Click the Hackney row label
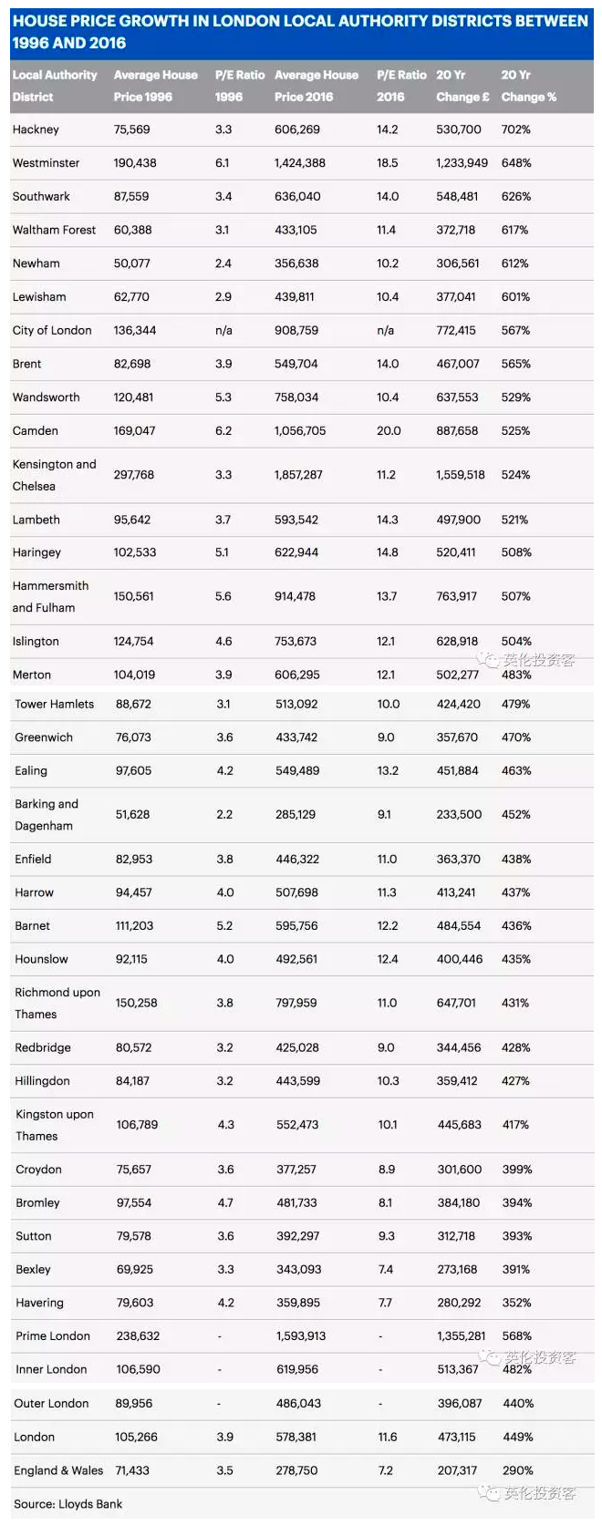point(36,129)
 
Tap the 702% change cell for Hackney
point(515,129)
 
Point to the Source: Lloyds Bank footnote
point(67,1503)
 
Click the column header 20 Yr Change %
point(528,86)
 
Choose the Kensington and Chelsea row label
point(54,475)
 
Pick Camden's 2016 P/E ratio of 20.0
point(389,430)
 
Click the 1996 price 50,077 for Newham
point(132,263)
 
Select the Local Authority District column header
point(54,86)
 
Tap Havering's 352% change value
point(516,1303)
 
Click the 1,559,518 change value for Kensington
point(461,475)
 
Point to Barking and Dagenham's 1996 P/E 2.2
point(224,814)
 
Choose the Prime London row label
point(53,1335)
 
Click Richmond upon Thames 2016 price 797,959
point(296,1003)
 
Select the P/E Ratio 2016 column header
point(401,86)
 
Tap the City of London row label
point(52,330)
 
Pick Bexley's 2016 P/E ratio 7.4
point(386,1269)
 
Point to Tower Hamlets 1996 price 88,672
point(134,704)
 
